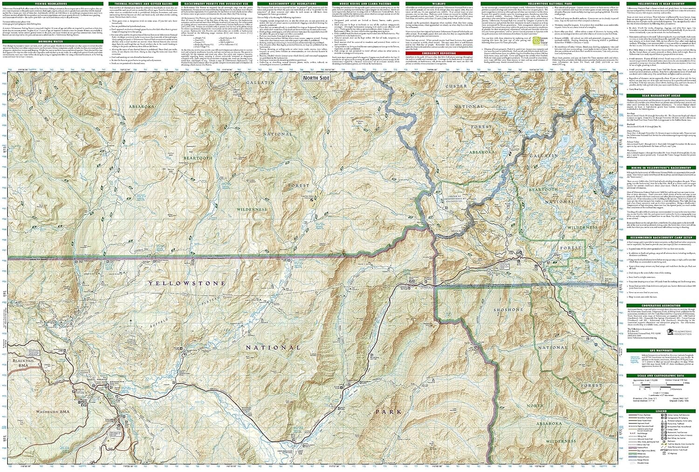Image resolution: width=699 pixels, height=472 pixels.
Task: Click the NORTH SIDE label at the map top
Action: coord(316,78)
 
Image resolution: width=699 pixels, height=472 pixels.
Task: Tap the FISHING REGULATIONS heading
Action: coord(51,4)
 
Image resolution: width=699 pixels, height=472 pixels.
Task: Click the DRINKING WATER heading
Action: coord(51,41)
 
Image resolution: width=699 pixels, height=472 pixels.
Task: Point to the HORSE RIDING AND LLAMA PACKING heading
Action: coord(365,4)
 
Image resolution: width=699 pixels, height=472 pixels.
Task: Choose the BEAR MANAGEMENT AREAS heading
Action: coord(661,96)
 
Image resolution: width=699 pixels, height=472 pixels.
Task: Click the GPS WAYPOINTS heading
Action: coord(661,350)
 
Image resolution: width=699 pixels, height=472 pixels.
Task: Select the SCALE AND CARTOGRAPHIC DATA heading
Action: coord(661,376)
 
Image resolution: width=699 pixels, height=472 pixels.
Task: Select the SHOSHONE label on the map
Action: coord(508,309)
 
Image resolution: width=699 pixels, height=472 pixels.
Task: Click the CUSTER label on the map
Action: coord(456,86)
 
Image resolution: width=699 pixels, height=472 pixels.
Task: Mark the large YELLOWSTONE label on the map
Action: coord(187,283)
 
